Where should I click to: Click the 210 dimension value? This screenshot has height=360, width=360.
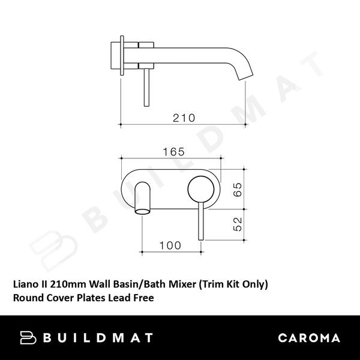184,118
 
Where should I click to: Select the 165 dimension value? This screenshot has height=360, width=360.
173,152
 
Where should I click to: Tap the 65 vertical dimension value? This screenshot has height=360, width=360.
237,190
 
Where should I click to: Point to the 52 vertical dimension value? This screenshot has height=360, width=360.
237,225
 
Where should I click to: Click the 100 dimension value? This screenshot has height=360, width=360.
170,245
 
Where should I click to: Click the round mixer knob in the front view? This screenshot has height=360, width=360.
200,190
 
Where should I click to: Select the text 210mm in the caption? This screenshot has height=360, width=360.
65,283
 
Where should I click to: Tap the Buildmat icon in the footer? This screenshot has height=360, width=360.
29,338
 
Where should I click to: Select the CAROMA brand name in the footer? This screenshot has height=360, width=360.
309,338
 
